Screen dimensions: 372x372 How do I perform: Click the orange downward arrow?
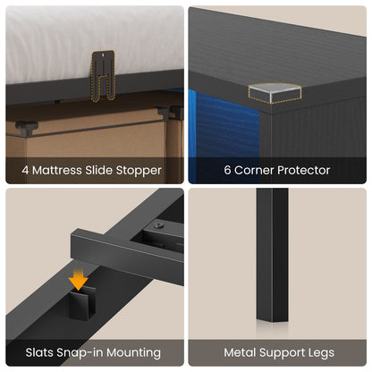(x=78, y=280)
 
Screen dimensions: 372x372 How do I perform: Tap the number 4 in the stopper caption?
(x=25, y=170)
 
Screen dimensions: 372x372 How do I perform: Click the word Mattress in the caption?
(x=57, y=170)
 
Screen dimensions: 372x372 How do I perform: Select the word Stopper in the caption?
(x=139, y=171)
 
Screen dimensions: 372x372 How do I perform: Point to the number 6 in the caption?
(x=227, y=170)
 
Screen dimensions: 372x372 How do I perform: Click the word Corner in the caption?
(x=254, y=170)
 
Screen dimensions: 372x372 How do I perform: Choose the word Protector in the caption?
(x=303, y=171)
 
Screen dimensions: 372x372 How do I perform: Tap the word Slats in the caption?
(x=39, y=352)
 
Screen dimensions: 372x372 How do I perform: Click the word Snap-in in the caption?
(x=80, y=353)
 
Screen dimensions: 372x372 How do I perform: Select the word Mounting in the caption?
(x=133, y=353)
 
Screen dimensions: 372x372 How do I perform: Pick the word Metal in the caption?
(x=240, y=352)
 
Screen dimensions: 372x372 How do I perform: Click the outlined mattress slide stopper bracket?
(x=103, y=75)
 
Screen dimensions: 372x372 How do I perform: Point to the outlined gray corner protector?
(x=275, y=93)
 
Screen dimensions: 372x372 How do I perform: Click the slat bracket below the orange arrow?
(x=81, y=302)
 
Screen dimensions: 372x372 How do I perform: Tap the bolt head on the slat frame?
(x=159, y=225)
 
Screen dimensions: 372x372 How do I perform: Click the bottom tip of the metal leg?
(x=272, y=322)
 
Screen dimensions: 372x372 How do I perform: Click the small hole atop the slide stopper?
(x=103, y=55)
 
